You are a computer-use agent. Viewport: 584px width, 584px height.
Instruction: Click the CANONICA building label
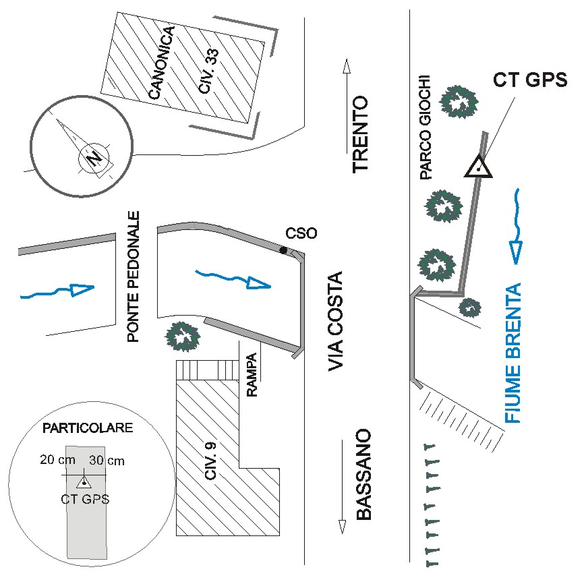pos(163,63)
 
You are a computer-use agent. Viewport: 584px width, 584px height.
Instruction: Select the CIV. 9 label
pos(212,463)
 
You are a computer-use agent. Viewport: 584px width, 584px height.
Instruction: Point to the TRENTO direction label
pos(361,135)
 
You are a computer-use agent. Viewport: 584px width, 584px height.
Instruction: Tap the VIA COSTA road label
pos(335,321)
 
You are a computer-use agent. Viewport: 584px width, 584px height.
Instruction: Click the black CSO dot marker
pos(284,251)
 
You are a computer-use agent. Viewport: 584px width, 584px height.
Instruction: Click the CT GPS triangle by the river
pos(477,167)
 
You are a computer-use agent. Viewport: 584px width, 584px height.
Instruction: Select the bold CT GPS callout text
pos(530,80)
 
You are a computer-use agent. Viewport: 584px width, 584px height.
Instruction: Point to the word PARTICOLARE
pos(88,428)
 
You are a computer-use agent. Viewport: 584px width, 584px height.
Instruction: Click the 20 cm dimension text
pos(57,461)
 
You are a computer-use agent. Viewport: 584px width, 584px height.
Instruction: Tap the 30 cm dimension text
pos(107,461)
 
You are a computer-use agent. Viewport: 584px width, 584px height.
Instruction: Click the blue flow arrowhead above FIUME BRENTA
pos(516,252)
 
